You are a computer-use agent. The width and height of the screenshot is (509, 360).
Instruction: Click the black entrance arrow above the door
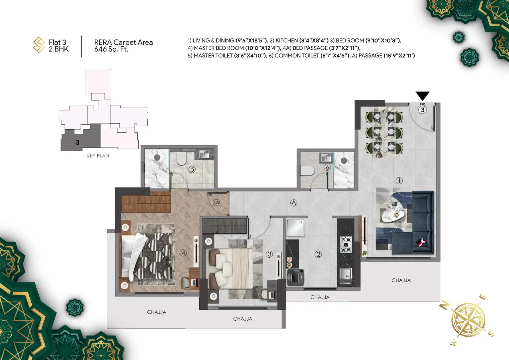point(422,95)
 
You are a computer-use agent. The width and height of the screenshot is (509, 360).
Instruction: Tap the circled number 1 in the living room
point(399,181)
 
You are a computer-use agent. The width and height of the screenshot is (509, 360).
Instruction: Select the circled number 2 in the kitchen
point(318,254)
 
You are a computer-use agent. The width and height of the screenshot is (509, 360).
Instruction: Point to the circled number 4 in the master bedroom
point(183,253)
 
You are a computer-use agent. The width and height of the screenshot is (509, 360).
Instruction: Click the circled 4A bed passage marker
point(216,203)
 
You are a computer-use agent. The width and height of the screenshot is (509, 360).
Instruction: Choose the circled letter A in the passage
point(294,203)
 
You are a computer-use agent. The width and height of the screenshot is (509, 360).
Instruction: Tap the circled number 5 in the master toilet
point(192,169)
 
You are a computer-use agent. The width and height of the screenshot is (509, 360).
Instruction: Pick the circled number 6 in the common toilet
point(327,167)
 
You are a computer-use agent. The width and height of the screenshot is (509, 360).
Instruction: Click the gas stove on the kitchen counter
point(346,245)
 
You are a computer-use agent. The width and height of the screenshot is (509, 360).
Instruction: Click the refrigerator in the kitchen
point(296,228)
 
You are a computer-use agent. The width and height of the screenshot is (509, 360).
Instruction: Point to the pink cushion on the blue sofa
point(420,242)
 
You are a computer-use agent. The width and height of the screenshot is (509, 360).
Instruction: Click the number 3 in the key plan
point(78,142)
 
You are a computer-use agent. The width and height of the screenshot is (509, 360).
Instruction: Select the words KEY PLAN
point(98,156)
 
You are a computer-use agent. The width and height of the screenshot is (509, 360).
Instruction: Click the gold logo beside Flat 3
point(39,45)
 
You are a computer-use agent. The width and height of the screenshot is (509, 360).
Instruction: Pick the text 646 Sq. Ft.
point(111,49)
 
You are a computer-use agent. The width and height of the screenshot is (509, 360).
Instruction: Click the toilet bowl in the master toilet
point(181,158)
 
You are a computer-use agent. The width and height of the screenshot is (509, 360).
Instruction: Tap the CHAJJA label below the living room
point(401,280)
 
